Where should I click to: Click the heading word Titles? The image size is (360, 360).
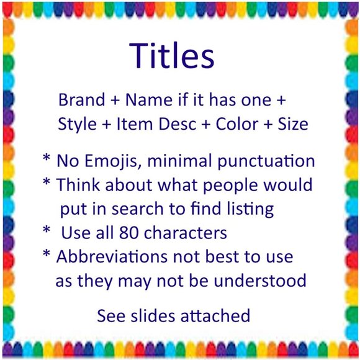(x=172, y=55)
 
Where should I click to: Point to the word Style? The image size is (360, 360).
(x=76, y=124)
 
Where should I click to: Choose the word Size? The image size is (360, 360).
(x=292, y=124)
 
